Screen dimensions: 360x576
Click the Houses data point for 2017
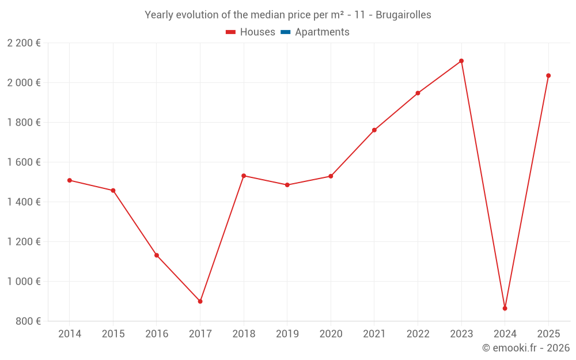[200, 301]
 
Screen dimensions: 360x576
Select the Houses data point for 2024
[505, 308]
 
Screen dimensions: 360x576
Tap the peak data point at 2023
[461, 61]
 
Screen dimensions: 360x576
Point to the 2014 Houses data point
[70, 180]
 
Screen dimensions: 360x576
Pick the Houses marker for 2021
[374, 130]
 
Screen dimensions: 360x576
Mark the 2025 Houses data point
[548, 75]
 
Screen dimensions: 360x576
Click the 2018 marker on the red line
[244, 176]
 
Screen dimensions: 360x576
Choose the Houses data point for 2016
[157, 255]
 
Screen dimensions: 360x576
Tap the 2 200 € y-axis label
[24, 43]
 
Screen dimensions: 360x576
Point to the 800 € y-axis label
[27, 321]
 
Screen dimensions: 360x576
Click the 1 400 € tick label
[24, 202]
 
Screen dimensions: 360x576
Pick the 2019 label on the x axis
[287, 334]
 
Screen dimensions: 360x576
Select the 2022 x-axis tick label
[418, 334]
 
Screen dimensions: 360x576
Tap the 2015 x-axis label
[113, 334]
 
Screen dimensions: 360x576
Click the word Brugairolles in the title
[403, 15]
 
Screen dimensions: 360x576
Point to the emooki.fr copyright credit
[525, 348]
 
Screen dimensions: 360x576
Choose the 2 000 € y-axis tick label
[24, 83]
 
